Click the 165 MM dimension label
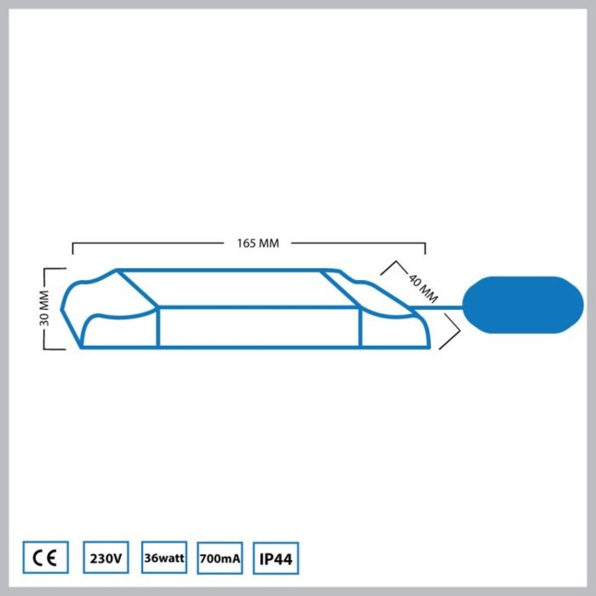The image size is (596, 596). point(258,243)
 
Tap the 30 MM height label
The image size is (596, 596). point(49,308)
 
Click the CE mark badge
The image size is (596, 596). point(45,558)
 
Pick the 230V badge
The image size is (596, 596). point(106,558)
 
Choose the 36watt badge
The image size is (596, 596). point(164,558)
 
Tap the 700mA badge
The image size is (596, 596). point(220,558)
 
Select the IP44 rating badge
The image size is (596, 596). point(276,559)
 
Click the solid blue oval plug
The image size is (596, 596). point(522,305)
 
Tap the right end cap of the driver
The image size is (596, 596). point(390,317)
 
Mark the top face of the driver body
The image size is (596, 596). point(239,288)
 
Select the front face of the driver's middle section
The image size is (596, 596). point(259,327)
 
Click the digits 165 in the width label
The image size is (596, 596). point(246,243)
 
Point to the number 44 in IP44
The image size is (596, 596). point(283,559)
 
